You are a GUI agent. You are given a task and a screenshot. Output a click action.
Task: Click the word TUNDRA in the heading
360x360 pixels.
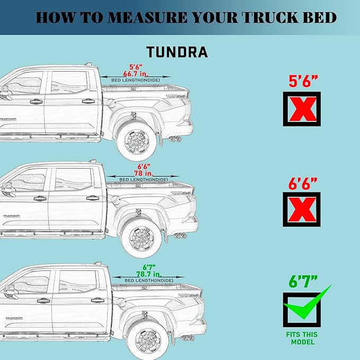[x=177, y=52]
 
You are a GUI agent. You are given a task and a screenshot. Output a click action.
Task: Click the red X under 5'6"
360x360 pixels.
[x=302, y=110]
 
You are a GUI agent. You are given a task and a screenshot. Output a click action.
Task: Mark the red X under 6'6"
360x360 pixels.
[x=302, y=209]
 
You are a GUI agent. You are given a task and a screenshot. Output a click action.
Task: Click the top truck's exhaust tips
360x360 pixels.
[x=174, y=139]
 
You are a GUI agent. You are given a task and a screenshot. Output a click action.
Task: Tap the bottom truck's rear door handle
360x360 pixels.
[x=97, y=300]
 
